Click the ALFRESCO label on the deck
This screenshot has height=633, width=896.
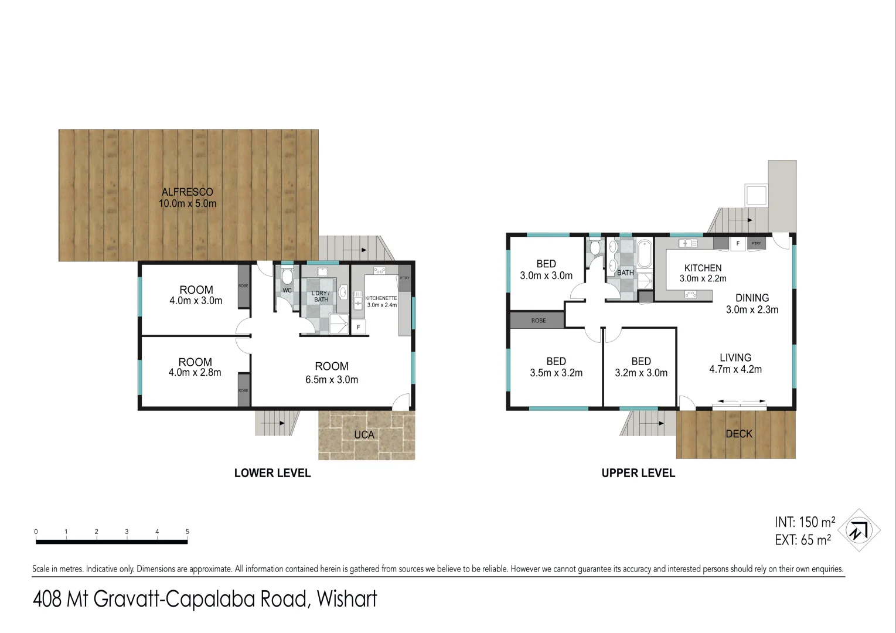click(188, 198)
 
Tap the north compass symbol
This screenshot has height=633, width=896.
click(858, 530)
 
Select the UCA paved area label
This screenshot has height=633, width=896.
click(364, 435)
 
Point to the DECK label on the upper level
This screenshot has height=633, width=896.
click(739, 434)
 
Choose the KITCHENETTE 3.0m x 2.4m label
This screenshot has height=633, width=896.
click(381, 301)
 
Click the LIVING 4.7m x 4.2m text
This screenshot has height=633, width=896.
click(735, 363)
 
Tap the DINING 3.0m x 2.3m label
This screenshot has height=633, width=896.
click(752, 304)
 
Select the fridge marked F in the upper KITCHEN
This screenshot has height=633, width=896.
click(738, 243)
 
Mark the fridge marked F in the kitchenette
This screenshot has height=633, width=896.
click(359, 327)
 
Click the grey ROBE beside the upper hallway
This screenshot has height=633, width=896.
click(537, 321)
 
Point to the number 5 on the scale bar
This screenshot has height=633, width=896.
click(188, 532)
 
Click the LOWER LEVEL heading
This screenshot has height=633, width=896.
click(272, 473)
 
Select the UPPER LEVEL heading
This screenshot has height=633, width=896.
click(638, 473)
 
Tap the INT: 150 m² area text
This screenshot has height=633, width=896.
click(805, 522)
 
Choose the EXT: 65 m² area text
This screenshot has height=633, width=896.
click(802, 540)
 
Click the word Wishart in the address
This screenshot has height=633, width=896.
click(347, 599)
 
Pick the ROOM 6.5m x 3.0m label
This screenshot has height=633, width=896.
click(332, 373)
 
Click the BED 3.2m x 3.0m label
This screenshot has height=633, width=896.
click(641, 367)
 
